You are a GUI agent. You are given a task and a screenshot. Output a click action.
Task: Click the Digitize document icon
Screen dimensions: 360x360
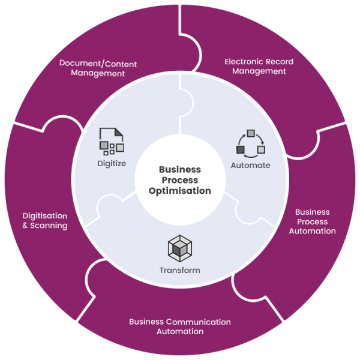(x=111, y=142)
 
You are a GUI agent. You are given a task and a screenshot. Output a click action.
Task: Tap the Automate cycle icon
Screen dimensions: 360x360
(x=251, y=142)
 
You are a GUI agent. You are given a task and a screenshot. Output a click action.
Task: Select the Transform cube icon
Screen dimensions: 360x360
(x=179, y=248)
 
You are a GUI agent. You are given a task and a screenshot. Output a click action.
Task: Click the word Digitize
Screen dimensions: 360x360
(x=111, y=163)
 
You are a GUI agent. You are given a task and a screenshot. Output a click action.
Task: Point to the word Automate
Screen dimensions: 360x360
(x=250, y=165)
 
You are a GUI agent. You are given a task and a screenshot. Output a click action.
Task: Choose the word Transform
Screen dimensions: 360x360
(x=179, y=270)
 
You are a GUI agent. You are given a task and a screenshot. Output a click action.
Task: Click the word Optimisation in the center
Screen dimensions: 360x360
(x=180, y=191)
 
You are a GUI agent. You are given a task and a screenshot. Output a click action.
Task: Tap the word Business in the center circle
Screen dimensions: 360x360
(x=180, y=170)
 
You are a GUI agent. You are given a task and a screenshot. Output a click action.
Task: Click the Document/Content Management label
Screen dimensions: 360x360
(x=98, y=68)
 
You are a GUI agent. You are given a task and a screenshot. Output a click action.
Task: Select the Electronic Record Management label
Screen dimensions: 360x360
(x=259, y=66)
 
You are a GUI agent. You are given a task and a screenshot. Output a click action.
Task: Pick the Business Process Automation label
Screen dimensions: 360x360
(x=312, y=221)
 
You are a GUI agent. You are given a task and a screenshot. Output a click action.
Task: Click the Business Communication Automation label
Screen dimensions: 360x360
(x=180, y=326)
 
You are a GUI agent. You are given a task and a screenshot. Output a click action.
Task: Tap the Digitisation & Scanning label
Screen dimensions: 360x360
(x=44, y=221)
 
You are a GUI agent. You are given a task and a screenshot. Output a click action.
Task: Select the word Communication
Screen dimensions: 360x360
(x=199, y=322)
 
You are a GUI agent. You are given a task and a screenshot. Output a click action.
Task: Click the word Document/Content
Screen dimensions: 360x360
(x=98, y=64)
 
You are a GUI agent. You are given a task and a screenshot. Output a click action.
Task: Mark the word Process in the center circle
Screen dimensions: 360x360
(x=180, y=181)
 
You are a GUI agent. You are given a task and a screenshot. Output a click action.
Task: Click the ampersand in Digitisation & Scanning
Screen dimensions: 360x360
(x=25, y=226)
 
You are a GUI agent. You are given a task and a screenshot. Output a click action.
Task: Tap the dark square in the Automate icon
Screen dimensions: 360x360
(x=241, y=149)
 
